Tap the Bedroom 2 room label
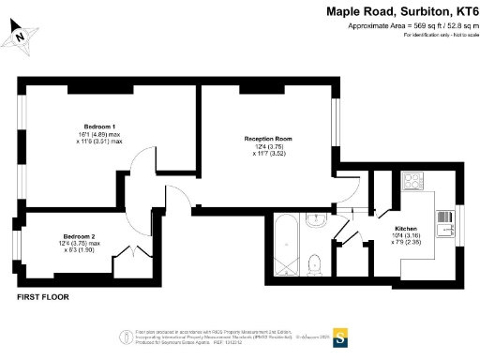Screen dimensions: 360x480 coord(80,236)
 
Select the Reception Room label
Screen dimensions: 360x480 coord(269,138)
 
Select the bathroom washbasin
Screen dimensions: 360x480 coord(316,221)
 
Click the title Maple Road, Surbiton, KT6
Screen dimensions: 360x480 coord(402,12)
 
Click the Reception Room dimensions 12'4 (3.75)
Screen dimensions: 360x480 coord(269,146)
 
